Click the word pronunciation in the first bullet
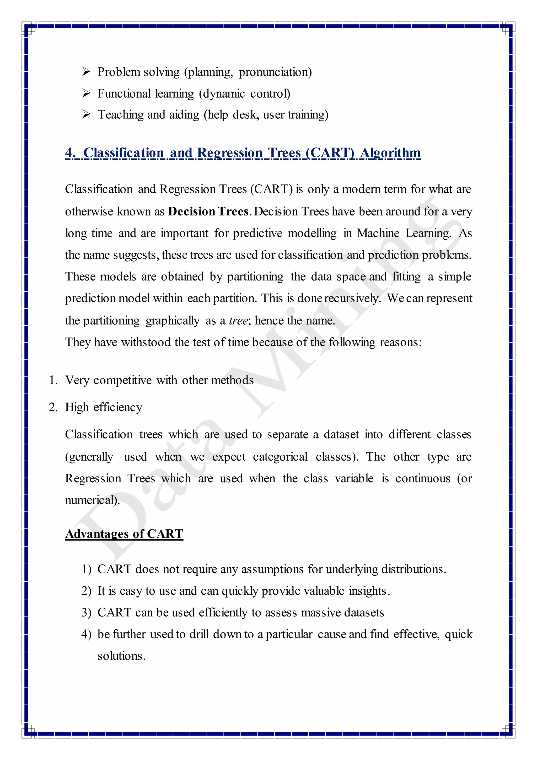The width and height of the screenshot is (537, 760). pos(275,72)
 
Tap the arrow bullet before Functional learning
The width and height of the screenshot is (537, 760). pos(86,93)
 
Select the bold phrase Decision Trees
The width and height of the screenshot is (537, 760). pos(208,211)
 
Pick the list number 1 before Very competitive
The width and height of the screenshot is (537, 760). pos(52,380)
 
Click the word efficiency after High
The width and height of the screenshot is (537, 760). pos(118,407)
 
